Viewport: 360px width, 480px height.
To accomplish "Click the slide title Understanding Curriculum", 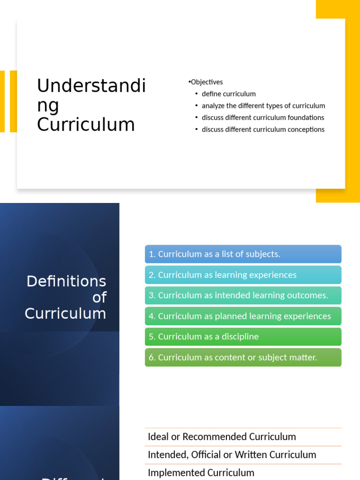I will point(91,105).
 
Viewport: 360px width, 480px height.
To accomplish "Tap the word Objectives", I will point(207,82).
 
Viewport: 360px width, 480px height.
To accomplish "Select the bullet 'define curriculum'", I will point(229,94).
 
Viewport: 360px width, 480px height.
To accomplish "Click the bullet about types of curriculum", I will point(263,105).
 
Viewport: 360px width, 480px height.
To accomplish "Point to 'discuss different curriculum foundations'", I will point(262,117).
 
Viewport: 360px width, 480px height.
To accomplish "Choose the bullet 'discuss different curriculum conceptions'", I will point(262,129).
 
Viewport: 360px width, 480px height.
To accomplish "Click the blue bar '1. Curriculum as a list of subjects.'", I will point(243,254).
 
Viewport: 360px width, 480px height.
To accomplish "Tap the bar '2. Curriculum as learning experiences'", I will point(243,275).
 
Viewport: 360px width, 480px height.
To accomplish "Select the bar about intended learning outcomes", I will point(243,295).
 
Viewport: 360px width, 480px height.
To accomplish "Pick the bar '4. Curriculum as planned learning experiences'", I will point(243,316).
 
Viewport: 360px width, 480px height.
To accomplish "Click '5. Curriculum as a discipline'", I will point(243,337).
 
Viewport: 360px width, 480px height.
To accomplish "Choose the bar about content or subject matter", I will point(243,357).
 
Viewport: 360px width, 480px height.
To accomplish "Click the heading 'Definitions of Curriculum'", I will point(66,297).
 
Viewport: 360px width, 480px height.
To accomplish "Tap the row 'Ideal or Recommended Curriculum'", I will point(222,437).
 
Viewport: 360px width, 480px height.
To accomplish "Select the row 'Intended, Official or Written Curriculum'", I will point(232,455).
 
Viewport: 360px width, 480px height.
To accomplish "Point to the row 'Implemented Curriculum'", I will point(201,472).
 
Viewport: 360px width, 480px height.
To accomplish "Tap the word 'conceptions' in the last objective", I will point(306,129).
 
